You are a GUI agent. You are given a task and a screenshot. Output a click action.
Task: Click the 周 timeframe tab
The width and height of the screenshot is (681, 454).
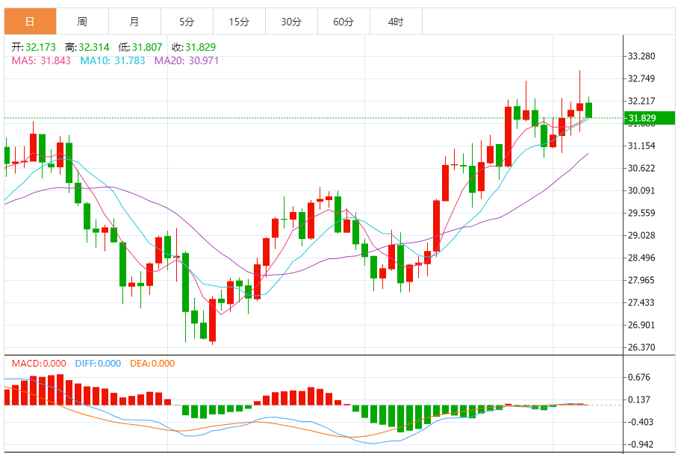coord(81,22)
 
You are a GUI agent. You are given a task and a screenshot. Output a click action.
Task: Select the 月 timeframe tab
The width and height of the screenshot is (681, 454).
coord(134,22)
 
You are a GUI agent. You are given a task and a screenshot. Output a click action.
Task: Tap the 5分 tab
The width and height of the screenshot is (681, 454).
coord(186,22)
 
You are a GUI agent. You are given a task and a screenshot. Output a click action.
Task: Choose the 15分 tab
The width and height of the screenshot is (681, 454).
coord(238,22)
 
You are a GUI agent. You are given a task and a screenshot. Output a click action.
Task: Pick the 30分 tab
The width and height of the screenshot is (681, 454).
coord(290,22)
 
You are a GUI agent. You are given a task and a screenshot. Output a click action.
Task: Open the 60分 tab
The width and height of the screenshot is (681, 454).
coord(343,22)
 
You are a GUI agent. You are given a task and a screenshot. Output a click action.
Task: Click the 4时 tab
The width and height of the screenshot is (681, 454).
coord(395,22)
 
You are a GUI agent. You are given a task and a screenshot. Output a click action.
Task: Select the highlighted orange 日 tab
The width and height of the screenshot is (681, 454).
coord(30,22)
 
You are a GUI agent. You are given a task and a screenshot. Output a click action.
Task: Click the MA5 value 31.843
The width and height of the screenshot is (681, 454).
coord(55,60)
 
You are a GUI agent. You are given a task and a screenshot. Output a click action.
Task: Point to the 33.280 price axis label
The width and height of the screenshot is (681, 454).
coord(641,56)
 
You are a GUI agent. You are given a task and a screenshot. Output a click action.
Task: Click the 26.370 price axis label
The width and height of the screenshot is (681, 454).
coord(641,347)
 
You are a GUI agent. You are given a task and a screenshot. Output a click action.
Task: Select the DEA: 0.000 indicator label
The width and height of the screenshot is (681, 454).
coord(152,364)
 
